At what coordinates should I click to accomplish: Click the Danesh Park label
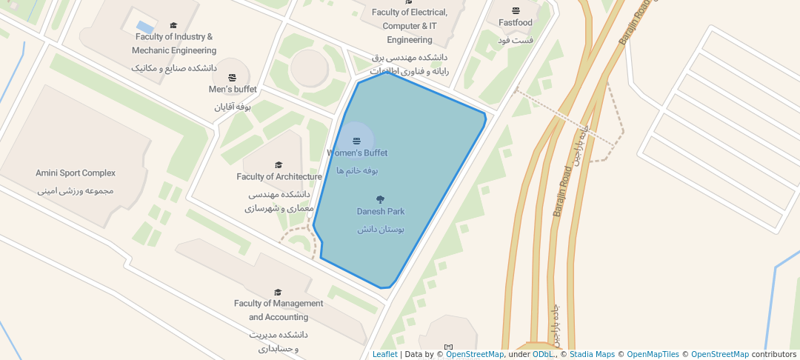(x=380, y=212)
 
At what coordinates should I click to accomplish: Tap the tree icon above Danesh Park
(x=381, y=199)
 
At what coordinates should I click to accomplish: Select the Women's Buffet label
(x=357, y=153)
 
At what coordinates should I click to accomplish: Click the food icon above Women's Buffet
(x=356, y=140)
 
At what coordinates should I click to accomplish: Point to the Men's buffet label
(x=233, y=90)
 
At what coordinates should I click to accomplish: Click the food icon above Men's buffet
(x=233, y=77)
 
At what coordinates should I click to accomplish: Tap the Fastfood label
(x=516, y=23)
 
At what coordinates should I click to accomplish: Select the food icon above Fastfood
(x=516, y=10)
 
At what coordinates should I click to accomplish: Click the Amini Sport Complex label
(x=76, y=173)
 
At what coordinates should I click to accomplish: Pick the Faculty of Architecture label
(x=279, y=177)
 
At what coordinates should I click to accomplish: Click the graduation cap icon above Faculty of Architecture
(x=279, y=165)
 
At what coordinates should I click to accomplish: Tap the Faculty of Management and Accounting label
(x=279, y=310)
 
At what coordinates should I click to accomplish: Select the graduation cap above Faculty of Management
(x=278, y=293)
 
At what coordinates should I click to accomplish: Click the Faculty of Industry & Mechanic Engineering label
(x=174, y=44)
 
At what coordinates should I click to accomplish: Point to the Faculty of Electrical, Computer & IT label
(x=409, y=26)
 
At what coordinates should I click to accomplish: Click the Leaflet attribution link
(x=384, y=354)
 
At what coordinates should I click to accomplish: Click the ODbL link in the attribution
(x=543, y=354)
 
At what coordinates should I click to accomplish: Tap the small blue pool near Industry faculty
(x=145, y=27)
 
